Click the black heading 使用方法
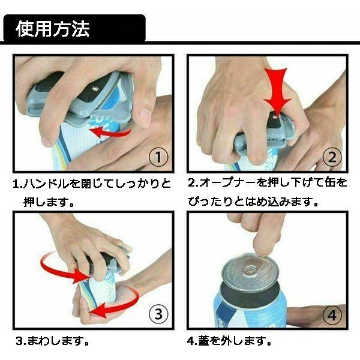click(53, 29)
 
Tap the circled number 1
click(158, 157)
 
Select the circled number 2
click(332, 157)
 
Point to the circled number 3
click(158, 314)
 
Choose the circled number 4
click(332, 315)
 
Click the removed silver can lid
click(250, 271)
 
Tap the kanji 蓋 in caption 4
click(203, 341)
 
